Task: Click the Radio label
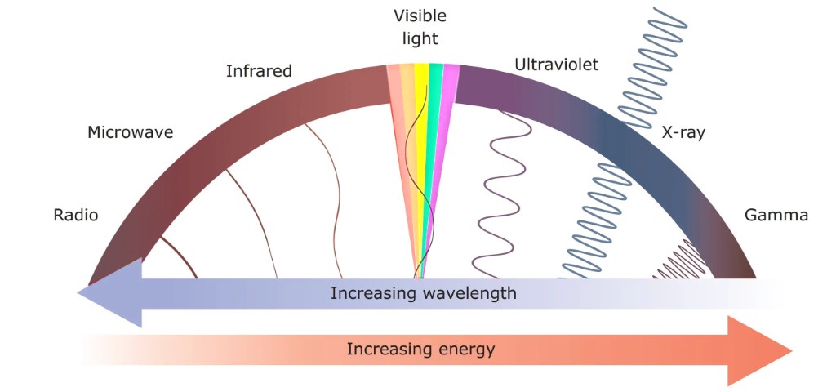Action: (75, 216)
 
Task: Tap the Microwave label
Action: (130, 132)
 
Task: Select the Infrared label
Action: (258, 72)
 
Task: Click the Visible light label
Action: (420, 27)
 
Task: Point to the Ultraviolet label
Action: (556, 65)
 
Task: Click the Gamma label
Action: (776, 216)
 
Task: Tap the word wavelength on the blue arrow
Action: (469, 293)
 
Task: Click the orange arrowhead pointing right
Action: (759, 350)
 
